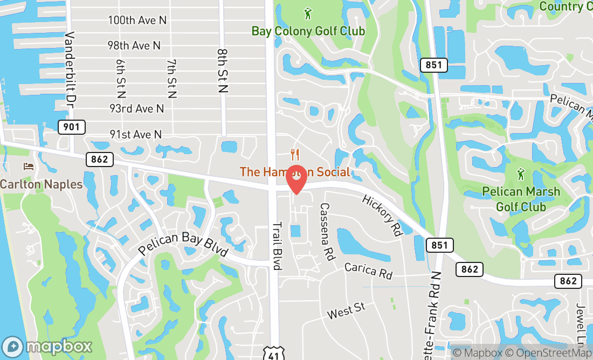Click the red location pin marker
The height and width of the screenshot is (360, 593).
296,180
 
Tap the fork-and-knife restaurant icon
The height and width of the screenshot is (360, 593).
294,155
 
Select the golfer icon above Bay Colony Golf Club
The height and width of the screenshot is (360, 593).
308,13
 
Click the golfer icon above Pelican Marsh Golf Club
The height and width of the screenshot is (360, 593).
521,175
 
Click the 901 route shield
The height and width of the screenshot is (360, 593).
72,127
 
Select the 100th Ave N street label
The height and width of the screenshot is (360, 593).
137,20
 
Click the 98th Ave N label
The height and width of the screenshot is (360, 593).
134,46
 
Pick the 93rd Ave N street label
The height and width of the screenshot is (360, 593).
136,109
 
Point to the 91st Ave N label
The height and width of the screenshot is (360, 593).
135,134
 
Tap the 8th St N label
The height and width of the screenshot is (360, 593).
223,71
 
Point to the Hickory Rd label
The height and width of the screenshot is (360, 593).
382,216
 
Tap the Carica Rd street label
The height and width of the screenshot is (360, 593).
368,271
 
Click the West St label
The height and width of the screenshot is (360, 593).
346,311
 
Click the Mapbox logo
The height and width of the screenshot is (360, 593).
47,346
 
